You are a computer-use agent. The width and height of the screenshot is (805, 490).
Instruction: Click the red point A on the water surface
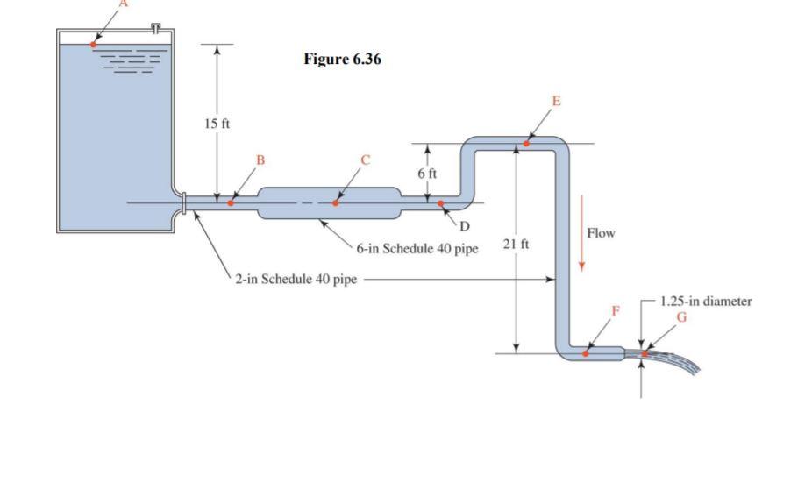(94, 44)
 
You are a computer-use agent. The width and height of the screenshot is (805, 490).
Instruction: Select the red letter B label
(259, 160)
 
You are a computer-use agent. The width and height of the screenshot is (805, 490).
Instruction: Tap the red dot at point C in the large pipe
(335, 202)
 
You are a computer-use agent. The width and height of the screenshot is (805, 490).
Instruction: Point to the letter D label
(465, 226)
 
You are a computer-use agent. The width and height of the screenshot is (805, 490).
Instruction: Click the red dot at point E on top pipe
(527, 143)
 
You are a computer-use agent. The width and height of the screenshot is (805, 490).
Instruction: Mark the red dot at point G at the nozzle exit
(644, 354)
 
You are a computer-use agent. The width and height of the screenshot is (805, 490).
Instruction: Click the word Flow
(602, 233)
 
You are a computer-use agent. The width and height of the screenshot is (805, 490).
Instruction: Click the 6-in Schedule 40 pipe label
(417, 248)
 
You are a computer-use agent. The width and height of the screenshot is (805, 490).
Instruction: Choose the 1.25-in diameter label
(705, 301)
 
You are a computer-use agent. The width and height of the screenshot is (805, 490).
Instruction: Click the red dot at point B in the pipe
(231, 202)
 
